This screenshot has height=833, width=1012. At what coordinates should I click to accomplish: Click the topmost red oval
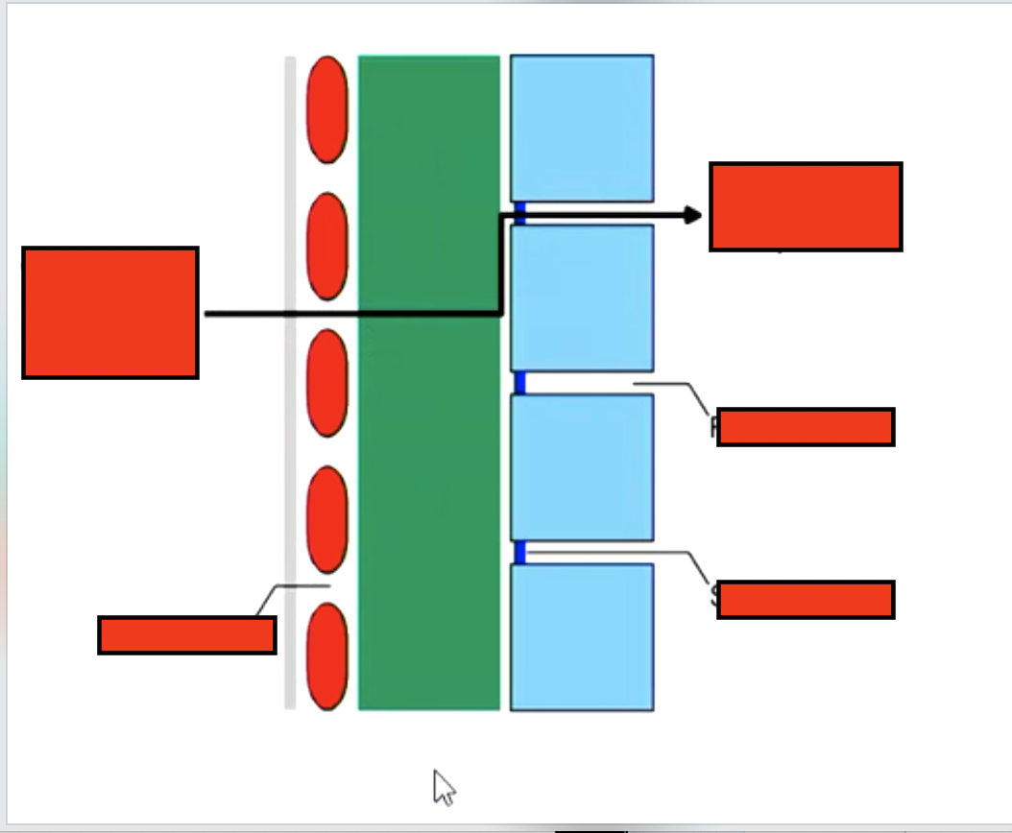327,109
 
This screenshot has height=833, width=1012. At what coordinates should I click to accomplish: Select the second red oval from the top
327,246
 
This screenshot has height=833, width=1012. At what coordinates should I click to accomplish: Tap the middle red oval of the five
327,383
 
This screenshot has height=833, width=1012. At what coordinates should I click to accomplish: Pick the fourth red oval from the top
327,519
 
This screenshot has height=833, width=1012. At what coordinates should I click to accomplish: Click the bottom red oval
327,656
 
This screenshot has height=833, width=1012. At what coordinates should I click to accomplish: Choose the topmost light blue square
582,128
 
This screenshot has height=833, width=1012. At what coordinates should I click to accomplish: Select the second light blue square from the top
582,297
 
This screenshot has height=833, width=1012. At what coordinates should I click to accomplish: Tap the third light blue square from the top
582,467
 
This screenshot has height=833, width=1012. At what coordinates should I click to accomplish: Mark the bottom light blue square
582,637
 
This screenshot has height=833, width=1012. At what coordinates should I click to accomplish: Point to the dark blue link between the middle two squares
519,383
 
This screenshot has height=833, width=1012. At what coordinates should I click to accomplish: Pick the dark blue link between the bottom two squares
519,553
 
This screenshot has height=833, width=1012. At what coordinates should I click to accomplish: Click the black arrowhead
693,215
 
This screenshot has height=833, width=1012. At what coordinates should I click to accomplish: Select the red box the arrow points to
806,206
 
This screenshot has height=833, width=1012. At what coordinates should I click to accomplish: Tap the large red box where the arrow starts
110,313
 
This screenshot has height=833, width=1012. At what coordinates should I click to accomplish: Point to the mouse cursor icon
443,786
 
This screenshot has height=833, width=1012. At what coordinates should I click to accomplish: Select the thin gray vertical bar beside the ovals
290,383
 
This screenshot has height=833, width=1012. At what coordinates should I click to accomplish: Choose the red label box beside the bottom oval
187,635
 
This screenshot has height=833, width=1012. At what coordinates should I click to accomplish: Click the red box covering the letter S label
806,600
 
